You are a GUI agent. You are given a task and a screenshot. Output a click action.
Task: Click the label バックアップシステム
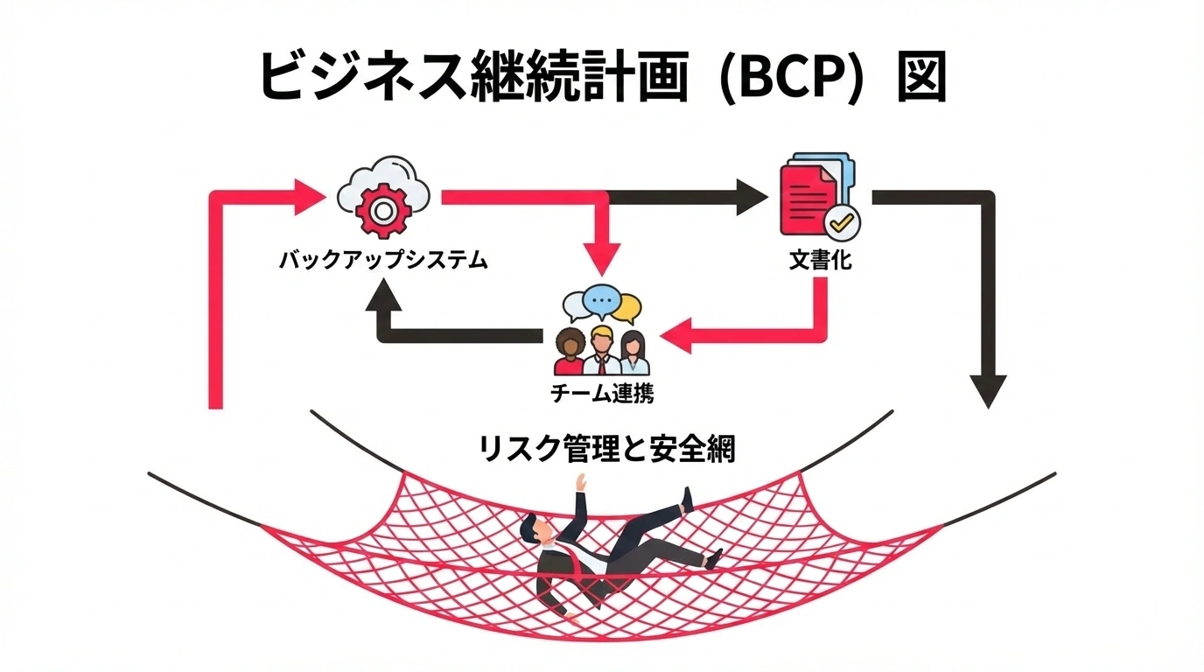click(382, 260)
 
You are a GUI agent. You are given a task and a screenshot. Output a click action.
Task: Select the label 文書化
click(819, 260)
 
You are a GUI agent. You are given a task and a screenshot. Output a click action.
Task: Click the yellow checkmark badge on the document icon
click(842, 223)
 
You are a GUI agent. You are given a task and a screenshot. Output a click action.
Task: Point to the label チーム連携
click(601, 393)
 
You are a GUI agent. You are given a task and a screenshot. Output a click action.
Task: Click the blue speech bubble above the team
click(600, 301)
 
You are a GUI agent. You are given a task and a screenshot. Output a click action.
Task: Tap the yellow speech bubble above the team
click(626, 308)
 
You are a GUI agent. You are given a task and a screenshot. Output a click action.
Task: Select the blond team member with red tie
click(601, 348)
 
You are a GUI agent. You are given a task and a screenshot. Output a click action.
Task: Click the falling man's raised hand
click(578, 480)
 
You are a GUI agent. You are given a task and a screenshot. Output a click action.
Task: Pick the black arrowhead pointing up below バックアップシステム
click(382, 302)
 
